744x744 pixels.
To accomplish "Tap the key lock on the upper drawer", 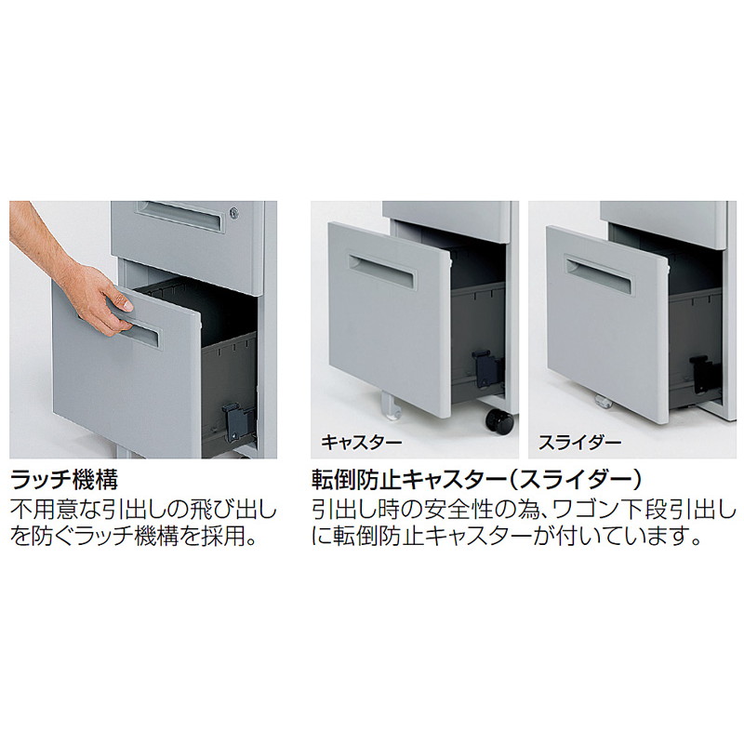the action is [235, 214].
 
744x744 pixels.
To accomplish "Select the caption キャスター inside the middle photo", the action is [362, 443].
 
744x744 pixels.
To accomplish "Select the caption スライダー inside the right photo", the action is [579, 443].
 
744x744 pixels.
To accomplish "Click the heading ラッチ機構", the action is [64, 479].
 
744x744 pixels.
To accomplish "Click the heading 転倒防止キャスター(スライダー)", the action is [476, 479].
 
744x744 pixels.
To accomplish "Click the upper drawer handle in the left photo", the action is [179, 217].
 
